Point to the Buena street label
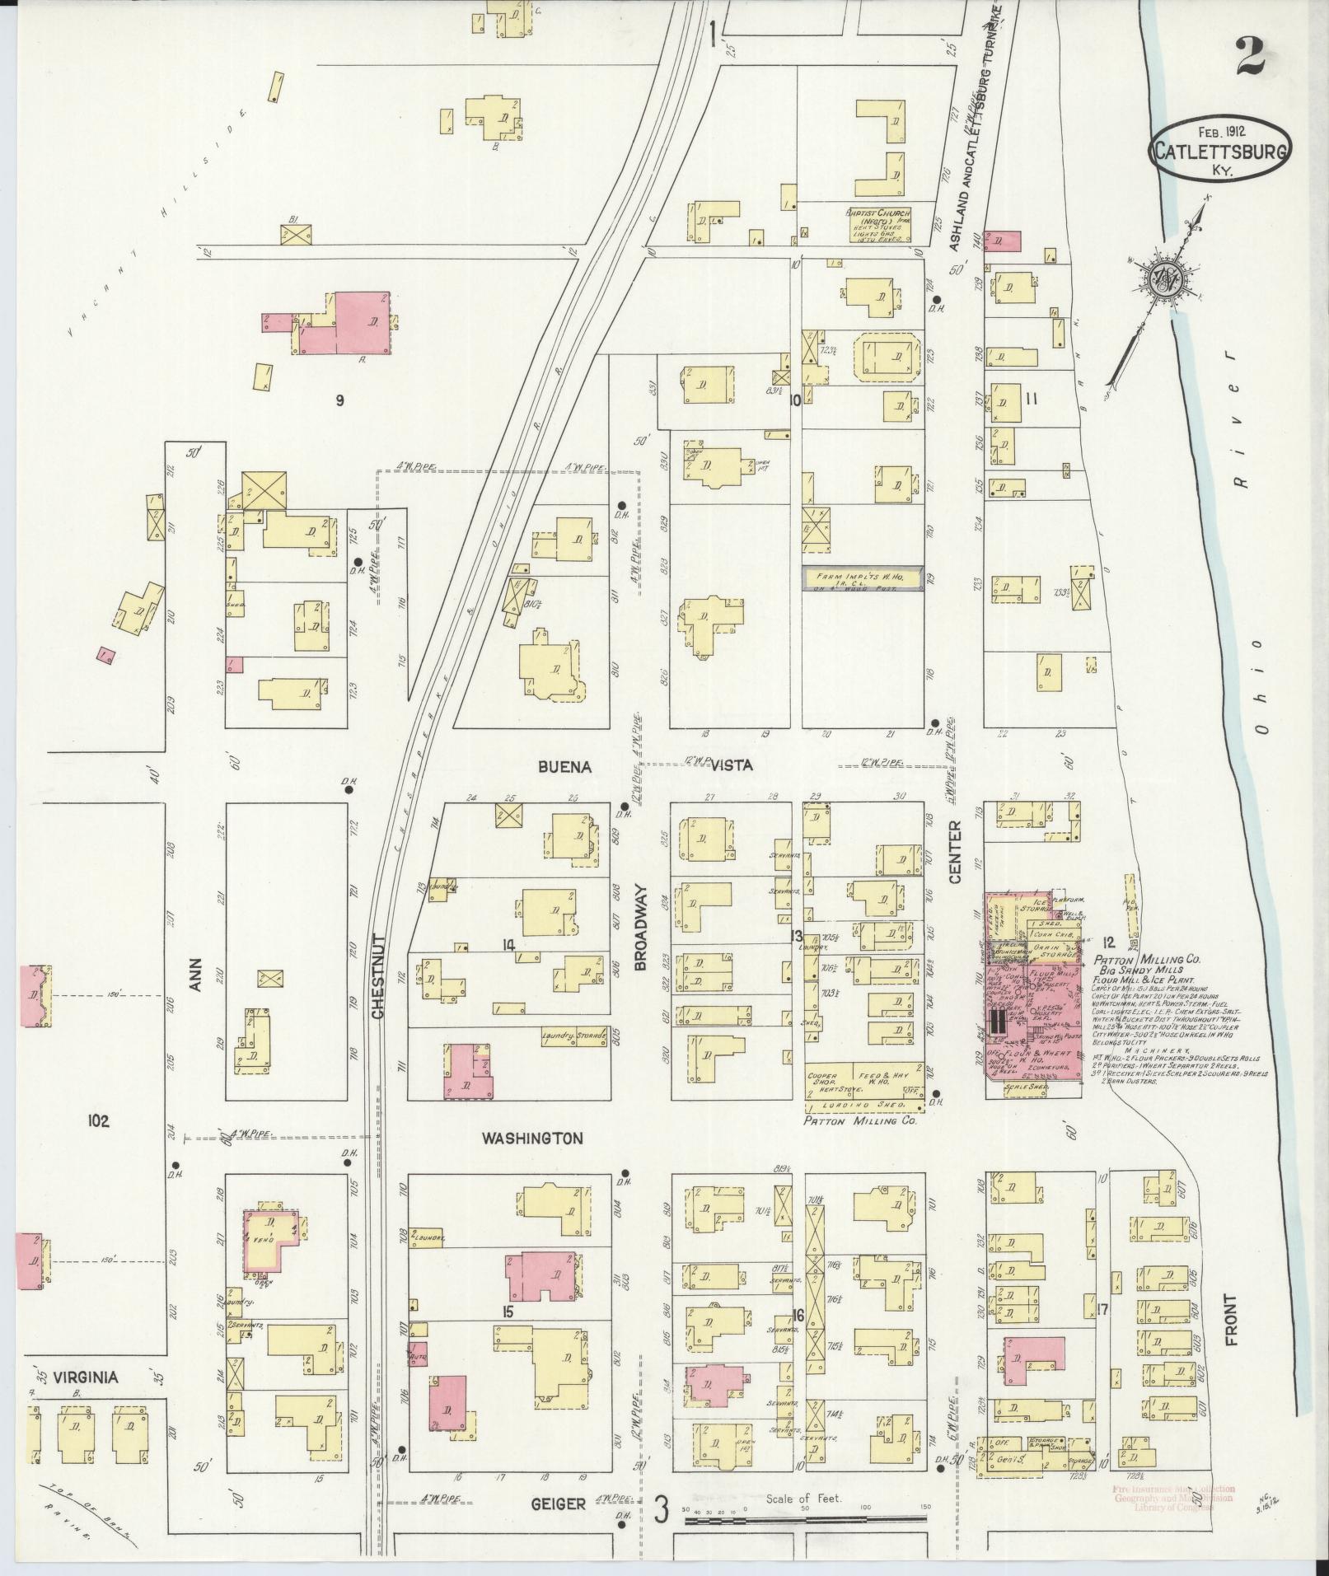(565, 766)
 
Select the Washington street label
(531, 1139)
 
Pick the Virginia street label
(86, 1377)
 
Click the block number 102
(98, 1120)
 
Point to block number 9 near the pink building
(339, 400)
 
